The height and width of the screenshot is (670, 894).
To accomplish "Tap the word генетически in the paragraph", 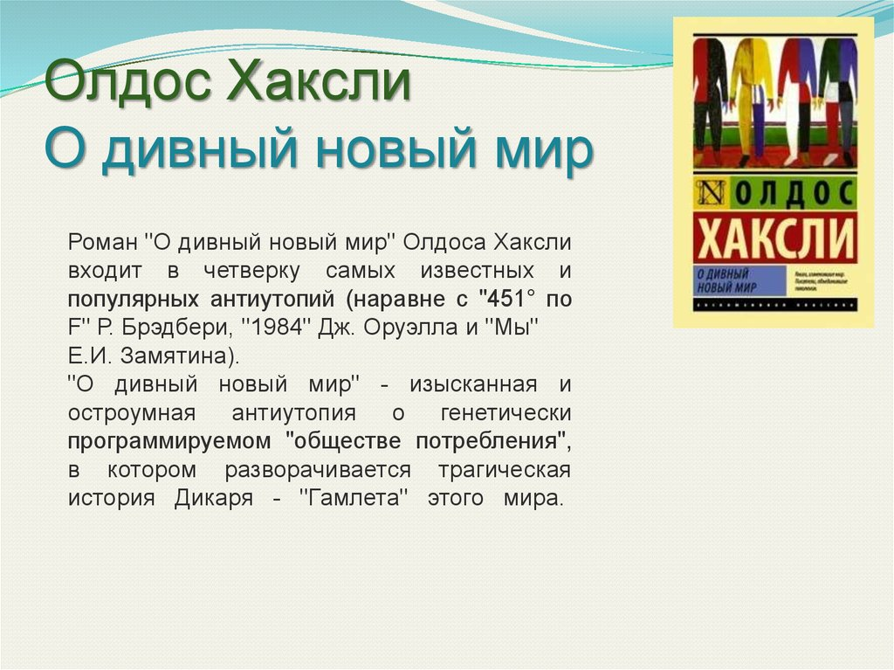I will pyautogui.click(x=506, y=413).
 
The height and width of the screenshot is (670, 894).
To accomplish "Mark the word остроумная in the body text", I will pyautogui.click(x=135, y=413).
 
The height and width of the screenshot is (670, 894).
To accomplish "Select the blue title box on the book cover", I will pyautogui.click(x=739, y=280).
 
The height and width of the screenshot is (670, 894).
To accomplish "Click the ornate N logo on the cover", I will pyautogui.click(x=710, y=190).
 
